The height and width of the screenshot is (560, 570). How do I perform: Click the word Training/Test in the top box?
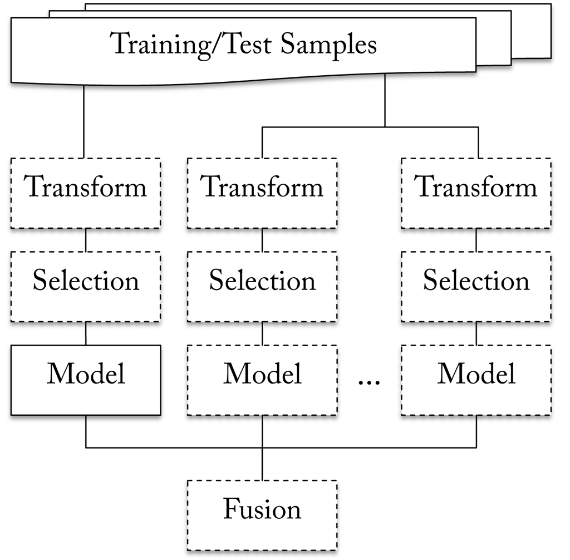192,44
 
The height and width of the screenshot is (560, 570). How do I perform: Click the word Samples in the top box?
328,44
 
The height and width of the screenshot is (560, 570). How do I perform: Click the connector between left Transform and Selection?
85,240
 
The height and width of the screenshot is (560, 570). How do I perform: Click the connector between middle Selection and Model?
262,333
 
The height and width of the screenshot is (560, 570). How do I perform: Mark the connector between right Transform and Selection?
476,240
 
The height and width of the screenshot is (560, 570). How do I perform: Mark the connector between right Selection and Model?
476,333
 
